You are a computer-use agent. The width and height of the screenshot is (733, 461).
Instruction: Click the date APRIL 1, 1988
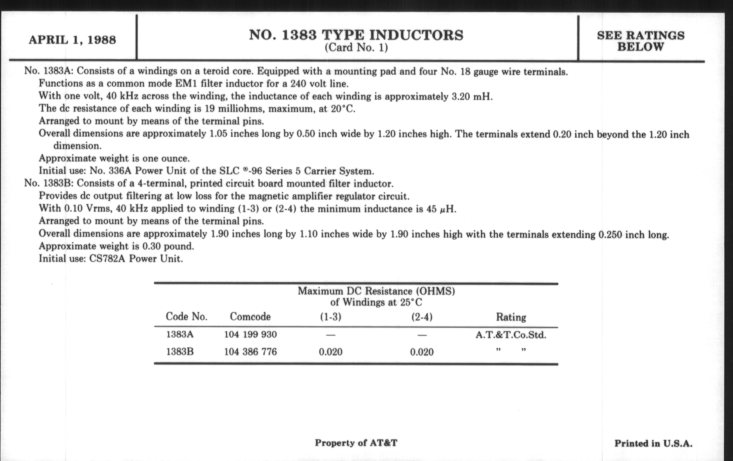(x=72, y=40)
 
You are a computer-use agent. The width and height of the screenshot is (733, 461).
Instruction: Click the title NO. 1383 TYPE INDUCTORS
(x=356, y=35)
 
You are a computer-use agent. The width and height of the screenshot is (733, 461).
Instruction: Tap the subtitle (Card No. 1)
(x=356, y=48)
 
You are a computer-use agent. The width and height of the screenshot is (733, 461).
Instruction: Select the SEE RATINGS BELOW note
(x=640, y=41)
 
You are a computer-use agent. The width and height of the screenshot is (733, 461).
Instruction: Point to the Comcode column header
(x=250, y=317)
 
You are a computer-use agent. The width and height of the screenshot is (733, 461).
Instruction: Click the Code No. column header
(x=187, y=317)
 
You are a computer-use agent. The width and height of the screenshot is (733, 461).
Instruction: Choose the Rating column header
(x=511, y=317)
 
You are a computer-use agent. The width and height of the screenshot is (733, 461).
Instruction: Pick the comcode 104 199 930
(x=250, y=335)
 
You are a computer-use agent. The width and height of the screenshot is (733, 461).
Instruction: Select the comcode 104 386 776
(x=250, y=352)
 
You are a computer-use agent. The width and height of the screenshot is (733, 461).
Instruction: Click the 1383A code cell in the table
(x=180, y=335)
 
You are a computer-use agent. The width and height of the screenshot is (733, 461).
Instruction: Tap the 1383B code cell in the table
(x=180, y=352)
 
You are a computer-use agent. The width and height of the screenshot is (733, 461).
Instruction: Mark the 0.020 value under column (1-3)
(x=331, y=352)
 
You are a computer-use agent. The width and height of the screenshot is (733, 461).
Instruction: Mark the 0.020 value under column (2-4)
(x=422, y=352)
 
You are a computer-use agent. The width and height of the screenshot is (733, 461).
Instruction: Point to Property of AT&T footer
(x=356, y=443)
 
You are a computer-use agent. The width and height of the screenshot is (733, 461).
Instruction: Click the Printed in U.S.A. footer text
(x=653, y=443)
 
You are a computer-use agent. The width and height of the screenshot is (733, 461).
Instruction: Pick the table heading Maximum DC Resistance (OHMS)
(x=376, y=291)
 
